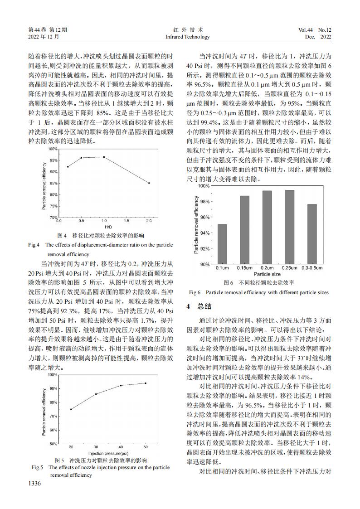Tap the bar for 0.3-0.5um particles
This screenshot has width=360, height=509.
pyautogui.click(x=312, y=234)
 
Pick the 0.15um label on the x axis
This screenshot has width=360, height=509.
pyautogui.click(x=244, y=268)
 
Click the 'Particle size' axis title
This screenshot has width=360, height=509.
pyautogui.click(x=267, y=274)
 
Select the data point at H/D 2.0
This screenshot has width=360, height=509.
pyautogui.click(x=149, y=183)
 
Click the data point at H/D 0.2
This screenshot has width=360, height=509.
pyautogui.click(x=68, y=167)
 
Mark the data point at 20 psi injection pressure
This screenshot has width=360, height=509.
pyautogui.click(x=71, y=409)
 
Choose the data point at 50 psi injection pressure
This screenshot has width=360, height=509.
pyautogui.click(x=146, y=383)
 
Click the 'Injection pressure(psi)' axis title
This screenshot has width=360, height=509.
pyautogui.click(x=108, y=453)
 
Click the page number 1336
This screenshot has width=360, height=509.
pyautogui.click(x=35, y=484)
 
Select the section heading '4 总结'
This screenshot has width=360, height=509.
pyautogui.click(x=196, y=306)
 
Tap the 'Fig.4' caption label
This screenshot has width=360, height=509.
pyautogui.click(x=34, y=245)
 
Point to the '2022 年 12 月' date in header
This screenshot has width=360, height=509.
pyautogui.click(x=44, y=36)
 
